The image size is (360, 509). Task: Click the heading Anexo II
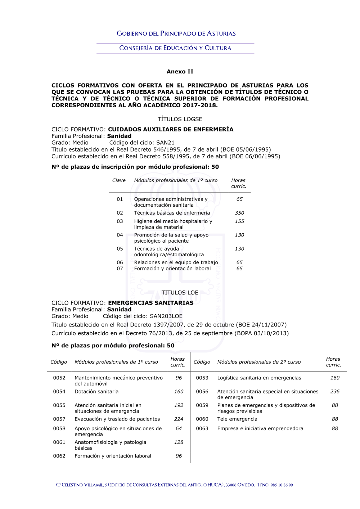pyautogui.click(x=180, y=72)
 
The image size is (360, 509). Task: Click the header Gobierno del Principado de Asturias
pyautogui.click(x=176, y=33)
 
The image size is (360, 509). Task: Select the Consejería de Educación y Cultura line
pyautogui.click(x=175, y=48)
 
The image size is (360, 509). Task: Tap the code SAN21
pyautogui.click(x=165, y=143)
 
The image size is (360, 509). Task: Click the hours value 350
pyautogui.click(x=239, y=213)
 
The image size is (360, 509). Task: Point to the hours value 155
pyautogui.click(x=239, y=221)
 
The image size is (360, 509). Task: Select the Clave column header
pyautogui.click(x=119, y=180)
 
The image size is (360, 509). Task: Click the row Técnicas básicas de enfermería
pyautogui.click(x=172, y=213)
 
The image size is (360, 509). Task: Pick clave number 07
pyautogui.click(x=120, y=269)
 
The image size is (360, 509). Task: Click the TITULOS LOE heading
pyautogui.click(x=180, y=293)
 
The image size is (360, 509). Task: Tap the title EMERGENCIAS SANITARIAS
pyautogui.click(x=151, y=303)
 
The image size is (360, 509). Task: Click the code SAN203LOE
pyautogui.click(x=166, y=316)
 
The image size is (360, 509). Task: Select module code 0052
pyautogui.click(x=59, y=378)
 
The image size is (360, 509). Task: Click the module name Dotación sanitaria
pyautogui.click(x=96, y=391)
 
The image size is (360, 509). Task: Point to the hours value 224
pyautogui.click(x=179, y=419)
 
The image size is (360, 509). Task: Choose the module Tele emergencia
pyautogui.click(x=237, y=419)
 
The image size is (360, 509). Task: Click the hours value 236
pyautogui.click(x=335, y=391)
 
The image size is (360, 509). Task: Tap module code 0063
pyautogui.click(x=202, y=428)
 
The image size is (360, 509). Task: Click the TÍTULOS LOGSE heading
pyautogui.click(x=180, y=119)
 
